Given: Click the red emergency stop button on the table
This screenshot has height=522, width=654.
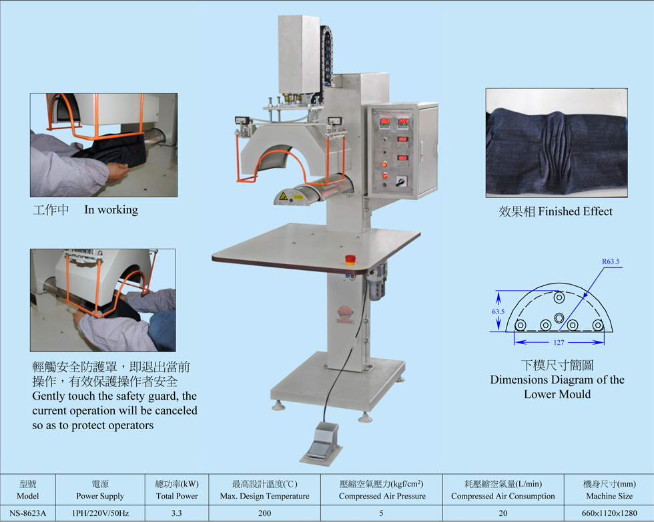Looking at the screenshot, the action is [350, 260].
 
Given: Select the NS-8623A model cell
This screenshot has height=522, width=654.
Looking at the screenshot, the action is [27, 513].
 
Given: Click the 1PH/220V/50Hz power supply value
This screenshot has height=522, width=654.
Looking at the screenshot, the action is [100, 513].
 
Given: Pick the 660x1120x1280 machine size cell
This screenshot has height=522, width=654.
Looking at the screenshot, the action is [609, 513].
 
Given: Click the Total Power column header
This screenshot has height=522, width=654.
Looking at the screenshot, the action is [177, 496].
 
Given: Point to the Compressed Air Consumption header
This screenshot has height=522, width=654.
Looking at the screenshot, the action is [503, 496].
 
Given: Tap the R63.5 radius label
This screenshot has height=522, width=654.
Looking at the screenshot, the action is [611, 261].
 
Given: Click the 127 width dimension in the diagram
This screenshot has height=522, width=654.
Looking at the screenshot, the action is [559, 342].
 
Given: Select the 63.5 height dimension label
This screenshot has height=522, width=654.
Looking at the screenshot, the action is [498, 311].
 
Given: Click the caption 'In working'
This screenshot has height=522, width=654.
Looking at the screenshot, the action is [111, 210].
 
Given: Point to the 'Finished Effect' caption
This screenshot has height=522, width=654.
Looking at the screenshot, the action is [575, 211].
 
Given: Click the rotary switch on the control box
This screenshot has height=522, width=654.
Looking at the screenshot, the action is [401, 182].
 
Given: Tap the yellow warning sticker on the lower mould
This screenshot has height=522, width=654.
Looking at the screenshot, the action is [283, 195].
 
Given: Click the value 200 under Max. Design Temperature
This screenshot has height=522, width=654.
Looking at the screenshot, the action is [264, 513].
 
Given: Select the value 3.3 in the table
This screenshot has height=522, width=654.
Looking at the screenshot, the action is [176, 513].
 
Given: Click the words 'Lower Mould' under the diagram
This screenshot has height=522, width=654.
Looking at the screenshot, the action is [557, 394].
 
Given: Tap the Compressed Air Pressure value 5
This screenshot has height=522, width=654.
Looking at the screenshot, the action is [381, 513].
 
